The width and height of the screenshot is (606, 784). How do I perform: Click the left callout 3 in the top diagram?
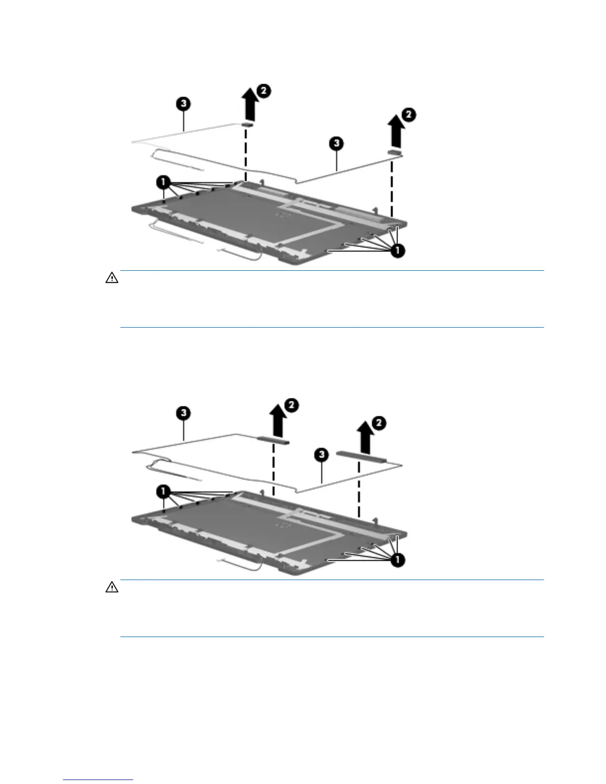pos(184,103)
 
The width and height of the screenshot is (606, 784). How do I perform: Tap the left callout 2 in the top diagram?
pos(264,91)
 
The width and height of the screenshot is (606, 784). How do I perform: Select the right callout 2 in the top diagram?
pos(409,115)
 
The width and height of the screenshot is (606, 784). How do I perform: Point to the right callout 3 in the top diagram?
pos(336,144)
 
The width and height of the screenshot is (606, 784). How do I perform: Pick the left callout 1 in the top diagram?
pos(163,182)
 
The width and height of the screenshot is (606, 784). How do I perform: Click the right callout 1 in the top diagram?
pos(398,251)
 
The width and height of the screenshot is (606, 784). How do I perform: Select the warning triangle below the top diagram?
pos(112,278)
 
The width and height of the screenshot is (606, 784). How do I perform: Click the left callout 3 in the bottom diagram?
pos(184,413)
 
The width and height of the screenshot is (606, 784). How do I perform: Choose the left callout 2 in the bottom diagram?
pos(292,405)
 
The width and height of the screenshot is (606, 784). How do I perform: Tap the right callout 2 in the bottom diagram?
pos(378,423)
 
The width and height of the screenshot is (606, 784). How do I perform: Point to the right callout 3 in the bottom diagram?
pos(322,454)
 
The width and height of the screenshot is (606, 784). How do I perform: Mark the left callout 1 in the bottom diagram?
pos(163,491)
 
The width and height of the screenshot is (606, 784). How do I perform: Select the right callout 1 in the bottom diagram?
pos(398,560)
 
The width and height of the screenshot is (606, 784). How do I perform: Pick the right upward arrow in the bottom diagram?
pos(365,438)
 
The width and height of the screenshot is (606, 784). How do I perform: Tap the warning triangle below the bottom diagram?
pos(112,588)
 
